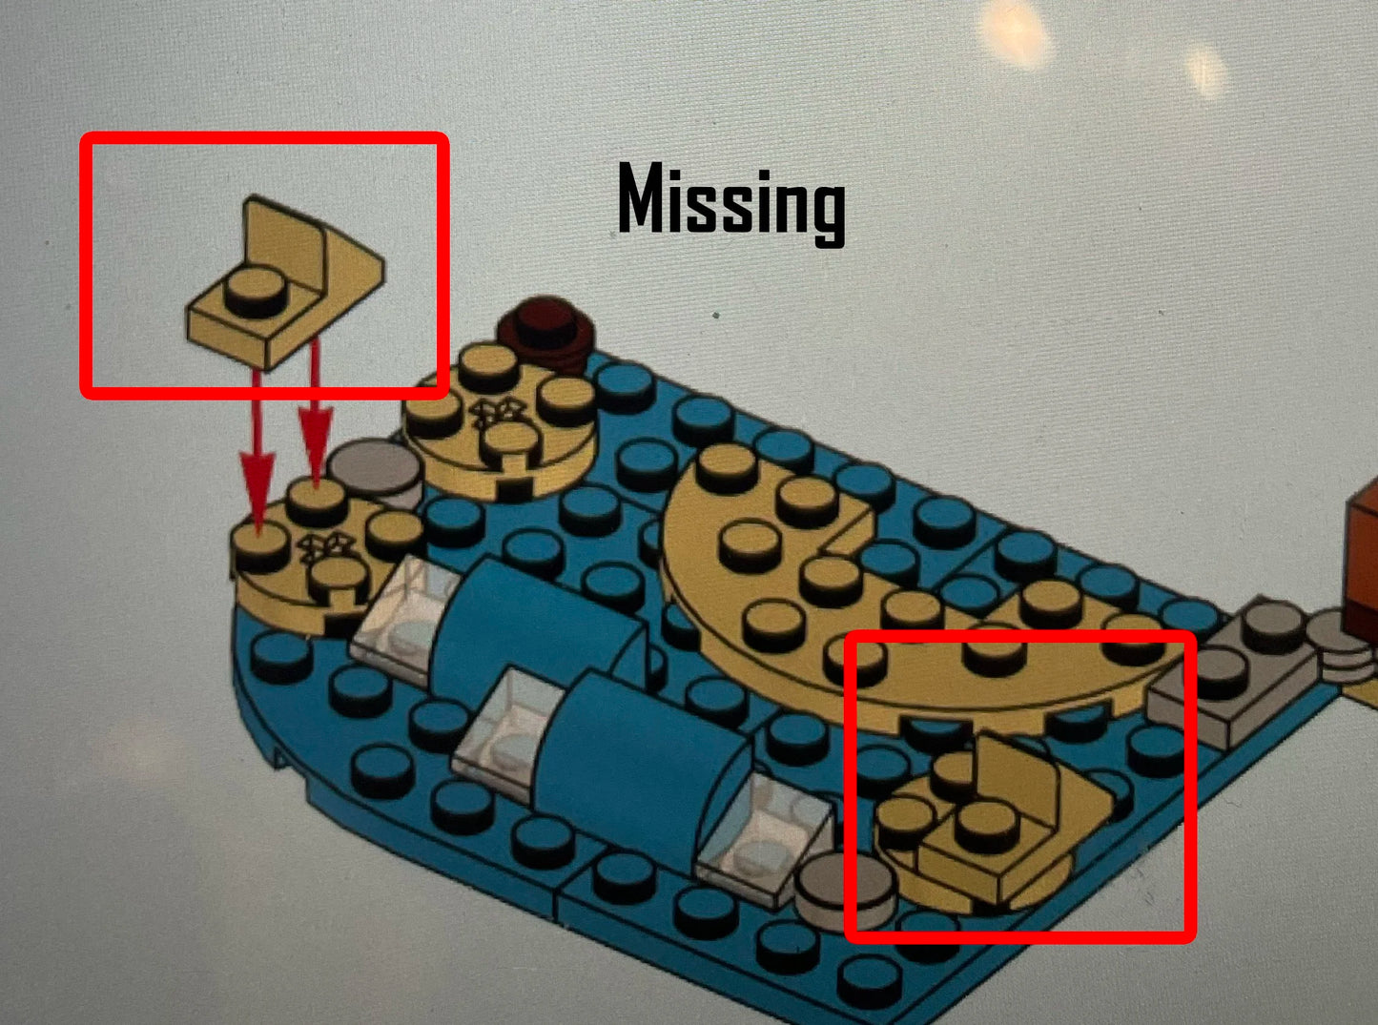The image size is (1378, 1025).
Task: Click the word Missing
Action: pyautogui.click(x=731, y=204)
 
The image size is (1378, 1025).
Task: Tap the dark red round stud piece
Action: pyautogui.click(x=546, y=334)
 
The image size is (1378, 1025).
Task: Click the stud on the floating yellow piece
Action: pyautogui.click(x=256, y=292)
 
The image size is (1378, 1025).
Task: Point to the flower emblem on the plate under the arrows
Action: pyautogui.click(x=323, y=545)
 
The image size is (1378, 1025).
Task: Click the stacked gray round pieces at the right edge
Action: pyautogui.click(x=1342, y=649)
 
